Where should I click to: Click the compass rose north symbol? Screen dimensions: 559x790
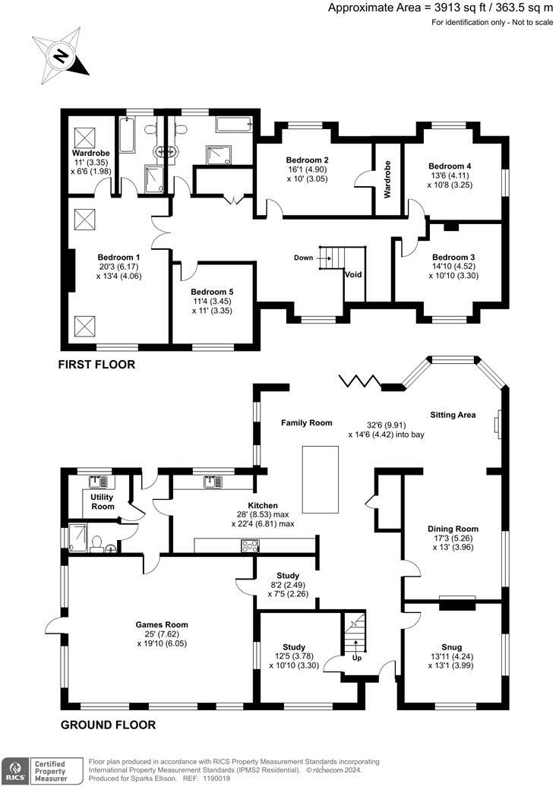pos(61,56)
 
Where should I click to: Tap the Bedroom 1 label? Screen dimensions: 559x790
pos(115,257)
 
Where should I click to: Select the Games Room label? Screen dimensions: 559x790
pos(162,624)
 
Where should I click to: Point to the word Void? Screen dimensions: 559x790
pos(353,274)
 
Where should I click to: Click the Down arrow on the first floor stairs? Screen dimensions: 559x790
pos(325,258)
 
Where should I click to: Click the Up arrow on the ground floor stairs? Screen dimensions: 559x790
pos(356,646)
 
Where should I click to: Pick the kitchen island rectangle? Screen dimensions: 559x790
pos(321,479)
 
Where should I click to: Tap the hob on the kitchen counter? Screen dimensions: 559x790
pos(251,545)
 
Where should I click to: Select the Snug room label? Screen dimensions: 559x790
pos(452,647)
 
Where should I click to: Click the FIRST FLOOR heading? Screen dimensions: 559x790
pos(96,365)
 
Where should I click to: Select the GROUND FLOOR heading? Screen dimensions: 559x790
pos(109,725)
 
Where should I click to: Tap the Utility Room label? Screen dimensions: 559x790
pos(103,502)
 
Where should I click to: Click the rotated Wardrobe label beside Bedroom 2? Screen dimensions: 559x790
pos(387,179)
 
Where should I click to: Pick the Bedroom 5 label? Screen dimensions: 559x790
pos(212,292)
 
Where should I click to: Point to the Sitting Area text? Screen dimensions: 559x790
pos(453,416)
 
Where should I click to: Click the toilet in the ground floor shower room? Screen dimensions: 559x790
pos(97,543)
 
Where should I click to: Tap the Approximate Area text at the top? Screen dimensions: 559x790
pos(441,8)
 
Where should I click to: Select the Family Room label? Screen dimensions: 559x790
pos(307,423)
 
